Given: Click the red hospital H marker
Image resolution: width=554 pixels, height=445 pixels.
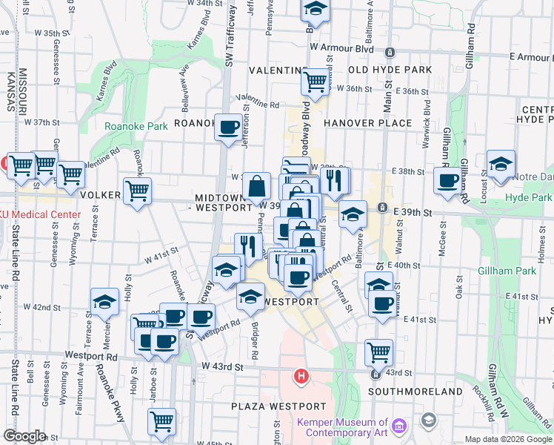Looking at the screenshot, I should [x=301, y=376].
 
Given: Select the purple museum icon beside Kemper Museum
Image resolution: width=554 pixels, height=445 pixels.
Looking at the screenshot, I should [x=400, y=426].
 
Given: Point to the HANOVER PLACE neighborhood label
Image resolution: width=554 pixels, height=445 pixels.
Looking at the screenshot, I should [x=367, y=123].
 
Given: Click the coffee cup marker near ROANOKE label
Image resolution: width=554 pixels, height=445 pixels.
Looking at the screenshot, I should [x=227, y=127].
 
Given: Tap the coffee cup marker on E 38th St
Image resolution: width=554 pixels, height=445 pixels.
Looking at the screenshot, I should [x=447, y=180].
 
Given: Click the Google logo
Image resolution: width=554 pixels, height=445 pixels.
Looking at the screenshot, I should [x=24, y=436].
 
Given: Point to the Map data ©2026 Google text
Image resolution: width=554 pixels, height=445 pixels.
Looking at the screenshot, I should [x=508, y=439].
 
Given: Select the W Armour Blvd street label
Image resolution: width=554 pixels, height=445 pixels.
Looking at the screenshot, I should [x=341, y=47].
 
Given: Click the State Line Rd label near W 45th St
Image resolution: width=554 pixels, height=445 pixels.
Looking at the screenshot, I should [x=15, y=400].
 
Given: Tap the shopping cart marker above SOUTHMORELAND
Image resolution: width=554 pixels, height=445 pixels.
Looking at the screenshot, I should [x=378, y=352].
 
